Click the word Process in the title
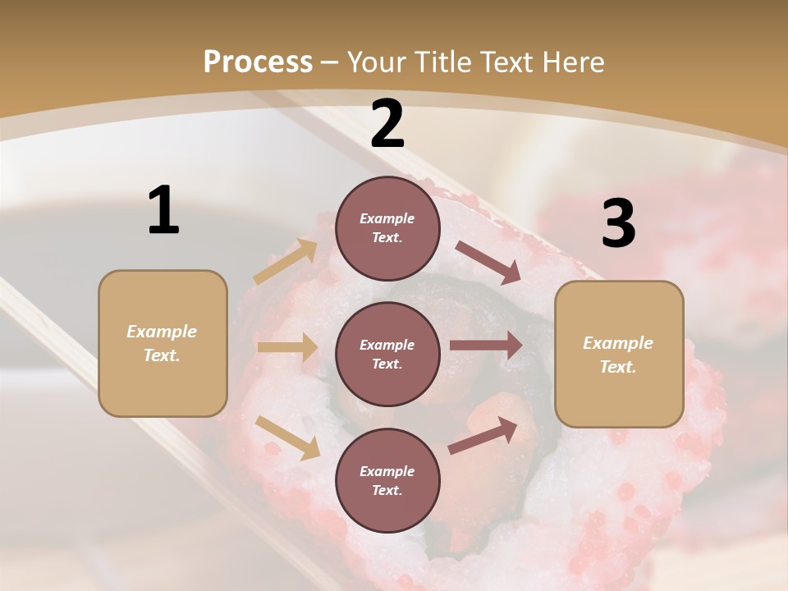point(258,62)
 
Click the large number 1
point(163,211)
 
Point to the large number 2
point(387,124)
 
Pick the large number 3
point(618,224)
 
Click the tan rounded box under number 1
point(163,343)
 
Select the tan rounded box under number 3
point(619,354)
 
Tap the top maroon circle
point(387,228)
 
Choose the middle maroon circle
point(387,354)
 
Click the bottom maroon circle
point(387,480)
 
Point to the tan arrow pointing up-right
point(286,262)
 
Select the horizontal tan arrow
point(286,347)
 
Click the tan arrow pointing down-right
point(288,438)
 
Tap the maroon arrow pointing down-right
point(488,263)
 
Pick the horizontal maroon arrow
point(486,345)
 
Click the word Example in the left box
point(162,332)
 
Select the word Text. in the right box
point(618,367)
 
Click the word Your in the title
point(376,62)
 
